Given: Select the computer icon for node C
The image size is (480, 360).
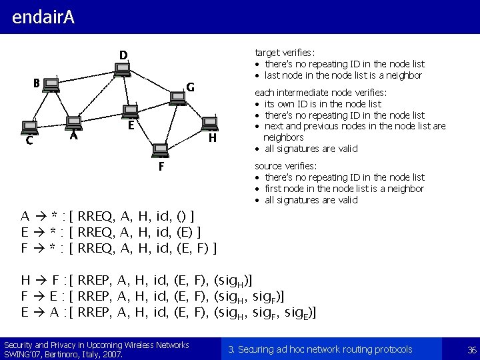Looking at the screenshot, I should (29, 126).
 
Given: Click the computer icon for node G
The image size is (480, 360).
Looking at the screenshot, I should (177, 97).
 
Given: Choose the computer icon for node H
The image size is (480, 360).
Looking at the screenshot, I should (210, 123).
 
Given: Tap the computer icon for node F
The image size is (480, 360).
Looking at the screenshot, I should (160, 150).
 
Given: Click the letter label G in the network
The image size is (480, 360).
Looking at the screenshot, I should (190, 87).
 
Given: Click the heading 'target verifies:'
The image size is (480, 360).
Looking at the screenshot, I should (285, 53).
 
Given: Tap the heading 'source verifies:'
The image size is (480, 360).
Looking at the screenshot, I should (286, 166).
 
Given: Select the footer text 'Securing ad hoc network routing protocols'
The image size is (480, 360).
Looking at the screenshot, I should (320, 349).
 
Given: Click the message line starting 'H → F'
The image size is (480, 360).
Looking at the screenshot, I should (137, 279).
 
